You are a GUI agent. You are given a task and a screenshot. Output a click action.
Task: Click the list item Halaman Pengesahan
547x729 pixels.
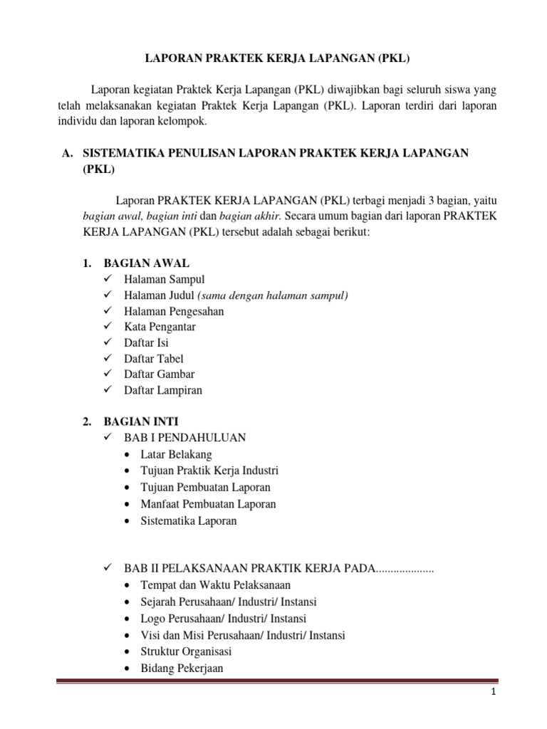coord(174,311)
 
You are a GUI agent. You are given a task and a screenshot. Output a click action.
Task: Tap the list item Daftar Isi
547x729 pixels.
coord(146,342)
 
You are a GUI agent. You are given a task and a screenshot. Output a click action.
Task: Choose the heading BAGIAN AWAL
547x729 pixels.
coord(147,263)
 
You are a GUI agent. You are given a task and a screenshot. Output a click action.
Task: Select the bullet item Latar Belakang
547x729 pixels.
coord(176,454)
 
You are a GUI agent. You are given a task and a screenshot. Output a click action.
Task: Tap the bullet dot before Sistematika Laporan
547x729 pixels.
coord(127,521)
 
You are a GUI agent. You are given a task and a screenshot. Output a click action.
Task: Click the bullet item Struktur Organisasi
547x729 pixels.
coord(186,651)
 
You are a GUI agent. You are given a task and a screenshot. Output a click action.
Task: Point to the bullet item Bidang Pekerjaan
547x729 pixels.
coord(182,668)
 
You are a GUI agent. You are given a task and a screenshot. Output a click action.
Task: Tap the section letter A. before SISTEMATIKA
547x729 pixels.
coord(68,153)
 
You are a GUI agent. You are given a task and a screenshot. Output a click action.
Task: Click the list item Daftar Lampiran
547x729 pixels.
coord(163,390)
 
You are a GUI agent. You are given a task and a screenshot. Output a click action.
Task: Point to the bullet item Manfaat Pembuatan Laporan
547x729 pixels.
coord(208,504)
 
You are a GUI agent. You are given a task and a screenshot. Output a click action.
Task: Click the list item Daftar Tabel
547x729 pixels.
coord(153,359)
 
